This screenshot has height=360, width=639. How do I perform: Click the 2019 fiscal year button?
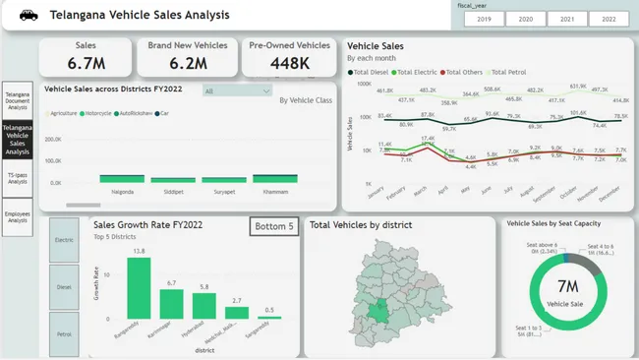(483, 19)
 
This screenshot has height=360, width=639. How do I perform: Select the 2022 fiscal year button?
(610, 19)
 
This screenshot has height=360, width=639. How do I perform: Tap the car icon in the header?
(28, 15)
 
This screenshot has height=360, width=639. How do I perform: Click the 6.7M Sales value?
(87, 63)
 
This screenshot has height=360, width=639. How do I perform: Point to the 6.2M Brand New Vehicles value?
(188, 63)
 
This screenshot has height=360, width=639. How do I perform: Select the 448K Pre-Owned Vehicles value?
(289, 63)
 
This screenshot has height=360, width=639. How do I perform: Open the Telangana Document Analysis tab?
(17, 100)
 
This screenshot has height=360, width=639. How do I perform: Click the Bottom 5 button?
(273, 226)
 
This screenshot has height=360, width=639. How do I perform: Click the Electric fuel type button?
(64, 239)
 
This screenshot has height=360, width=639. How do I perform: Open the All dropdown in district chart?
(237, 90)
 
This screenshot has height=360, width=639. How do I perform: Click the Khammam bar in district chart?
(275, 178)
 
